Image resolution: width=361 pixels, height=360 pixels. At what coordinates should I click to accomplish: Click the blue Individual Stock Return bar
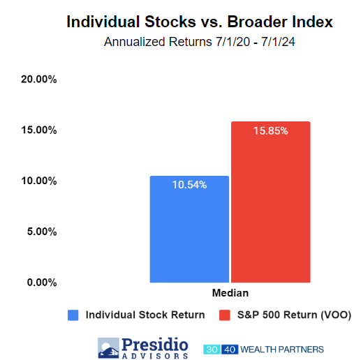(x=189, y=229)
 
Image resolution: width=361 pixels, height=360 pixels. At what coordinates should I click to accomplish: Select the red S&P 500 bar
(x=271, y=202)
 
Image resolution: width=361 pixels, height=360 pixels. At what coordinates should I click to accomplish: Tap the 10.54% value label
(x=189, y=185)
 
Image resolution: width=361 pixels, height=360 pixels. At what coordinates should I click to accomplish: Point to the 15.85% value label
(x=271, y=130)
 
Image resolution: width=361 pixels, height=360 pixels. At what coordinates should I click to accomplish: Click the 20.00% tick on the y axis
(x=39, y=80)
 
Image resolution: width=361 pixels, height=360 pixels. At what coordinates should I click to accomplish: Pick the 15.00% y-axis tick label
(x=39, y=130)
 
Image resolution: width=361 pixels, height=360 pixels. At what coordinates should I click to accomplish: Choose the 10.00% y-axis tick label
(x=39, y=181)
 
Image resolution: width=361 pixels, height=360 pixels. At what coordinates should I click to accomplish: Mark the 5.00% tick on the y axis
(x=42, y=232)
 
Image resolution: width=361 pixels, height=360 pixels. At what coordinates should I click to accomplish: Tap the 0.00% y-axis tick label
(x=42, y=283)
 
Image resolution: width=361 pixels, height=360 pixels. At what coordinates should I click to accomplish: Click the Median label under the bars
(x=230, y=293)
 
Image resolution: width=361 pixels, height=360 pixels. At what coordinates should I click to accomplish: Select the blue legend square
(x=73, y=315)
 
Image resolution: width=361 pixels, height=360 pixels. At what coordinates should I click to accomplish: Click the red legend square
(x=225, y=315)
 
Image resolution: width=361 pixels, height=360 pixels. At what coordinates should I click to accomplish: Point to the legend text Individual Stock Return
(x=145, y=315)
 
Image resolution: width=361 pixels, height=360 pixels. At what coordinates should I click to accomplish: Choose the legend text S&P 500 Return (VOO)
(x=294, y=315)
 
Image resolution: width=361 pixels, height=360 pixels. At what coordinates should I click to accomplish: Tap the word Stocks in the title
(x=170, y=22)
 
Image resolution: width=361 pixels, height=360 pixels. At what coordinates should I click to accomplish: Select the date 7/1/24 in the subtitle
(x=278, y=42)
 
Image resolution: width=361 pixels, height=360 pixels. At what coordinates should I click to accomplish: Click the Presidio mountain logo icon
(x=108, y=348)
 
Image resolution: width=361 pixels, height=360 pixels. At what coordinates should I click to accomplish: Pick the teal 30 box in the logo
(x=212, y=350)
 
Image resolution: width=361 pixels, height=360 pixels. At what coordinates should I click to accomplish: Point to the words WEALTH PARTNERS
(x=282, y=350)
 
